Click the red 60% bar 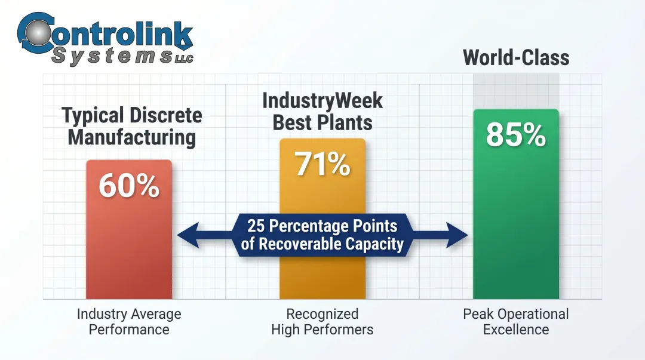click(x=129, y=251)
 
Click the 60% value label click(x=129, y=186)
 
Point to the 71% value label click(x=322, y=164)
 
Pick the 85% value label click(x=516, y=135)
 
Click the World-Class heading click(x=516, y=58)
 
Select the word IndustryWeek click(x=322, y=100)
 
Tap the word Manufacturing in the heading click(x=131, y=137)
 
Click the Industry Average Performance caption click(x=129, y=321)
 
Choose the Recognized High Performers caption click(x=322, y=321)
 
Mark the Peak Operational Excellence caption click(x=516, y=321)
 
